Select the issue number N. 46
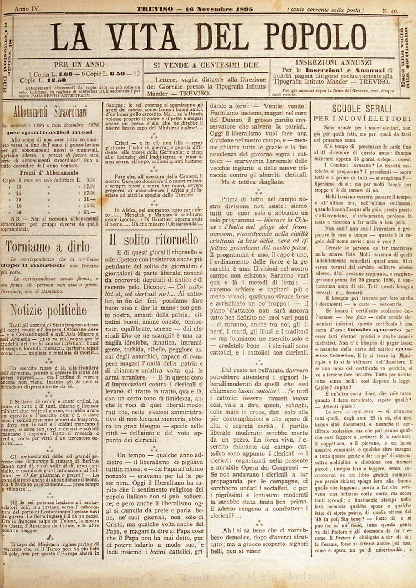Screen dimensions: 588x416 click(x=390, y=10)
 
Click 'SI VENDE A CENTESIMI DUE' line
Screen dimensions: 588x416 click(x=206, y=65)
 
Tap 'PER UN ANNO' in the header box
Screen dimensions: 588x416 click(x=79, y=64)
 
